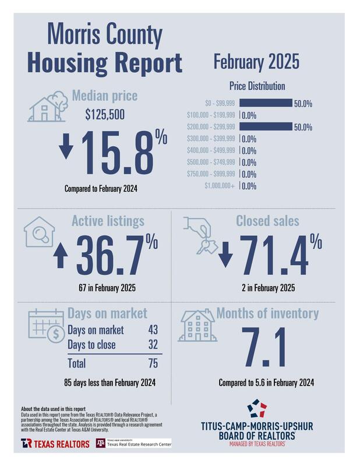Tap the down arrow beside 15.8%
[x=66, y=147]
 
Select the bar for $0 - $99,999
[x=266, y=104]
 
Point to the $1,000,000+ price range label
[x=220, y=186]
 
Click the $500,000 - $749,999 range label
[x=211, y=163]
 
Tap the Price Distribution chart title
[x=257, y=86]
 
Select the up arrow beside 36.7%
[x=59, y=257]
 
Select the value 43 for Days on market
[x=154, y=330]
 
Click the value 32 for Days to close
[x=154, y=345]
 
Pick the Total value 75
[x=154, y=363]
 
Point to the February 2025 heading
[x=256, y=60]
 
